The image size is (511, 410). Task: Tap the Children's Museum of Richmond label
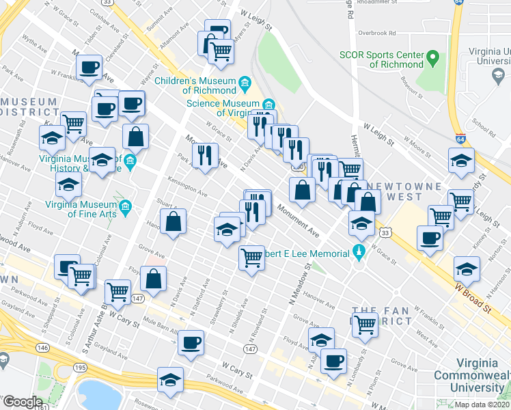tap(195, 85)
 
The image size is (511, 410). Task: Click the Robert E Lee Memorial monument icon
tap(357, 254)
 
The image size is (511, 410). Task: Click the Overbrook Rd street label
tap(376, 33)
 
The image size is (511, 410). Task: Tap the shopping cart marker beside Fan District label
tap(365, 325)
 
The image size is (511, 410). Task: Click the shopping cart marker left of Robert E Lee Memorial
tap(251, 258)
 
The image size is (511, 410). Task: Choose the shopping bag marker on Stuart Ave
tap(174, 221)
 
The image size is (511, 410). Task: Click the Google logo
tap(22, 402)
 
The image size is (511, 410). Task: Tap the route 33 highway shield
tap(386, 233)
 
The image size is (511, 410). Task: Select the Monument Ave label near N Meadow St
tap(298, 222)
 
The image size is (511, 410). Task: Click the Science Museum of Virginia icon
tap(269, 104)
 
